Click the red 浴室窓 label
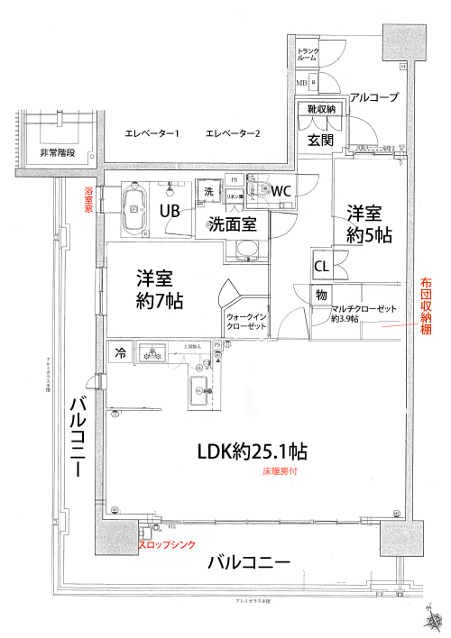88,199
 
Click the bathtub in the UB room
135,208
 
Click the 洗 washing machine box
208,191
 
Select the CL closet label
321,267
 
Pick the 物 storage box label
320,294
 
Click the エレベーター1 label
152,134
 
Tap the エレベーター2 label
233,134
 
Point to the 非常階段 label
57,154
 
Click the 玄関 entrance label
321,140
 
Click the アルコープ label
373,96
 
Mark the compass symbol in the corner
432,619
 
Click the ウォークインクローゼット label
246,322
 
